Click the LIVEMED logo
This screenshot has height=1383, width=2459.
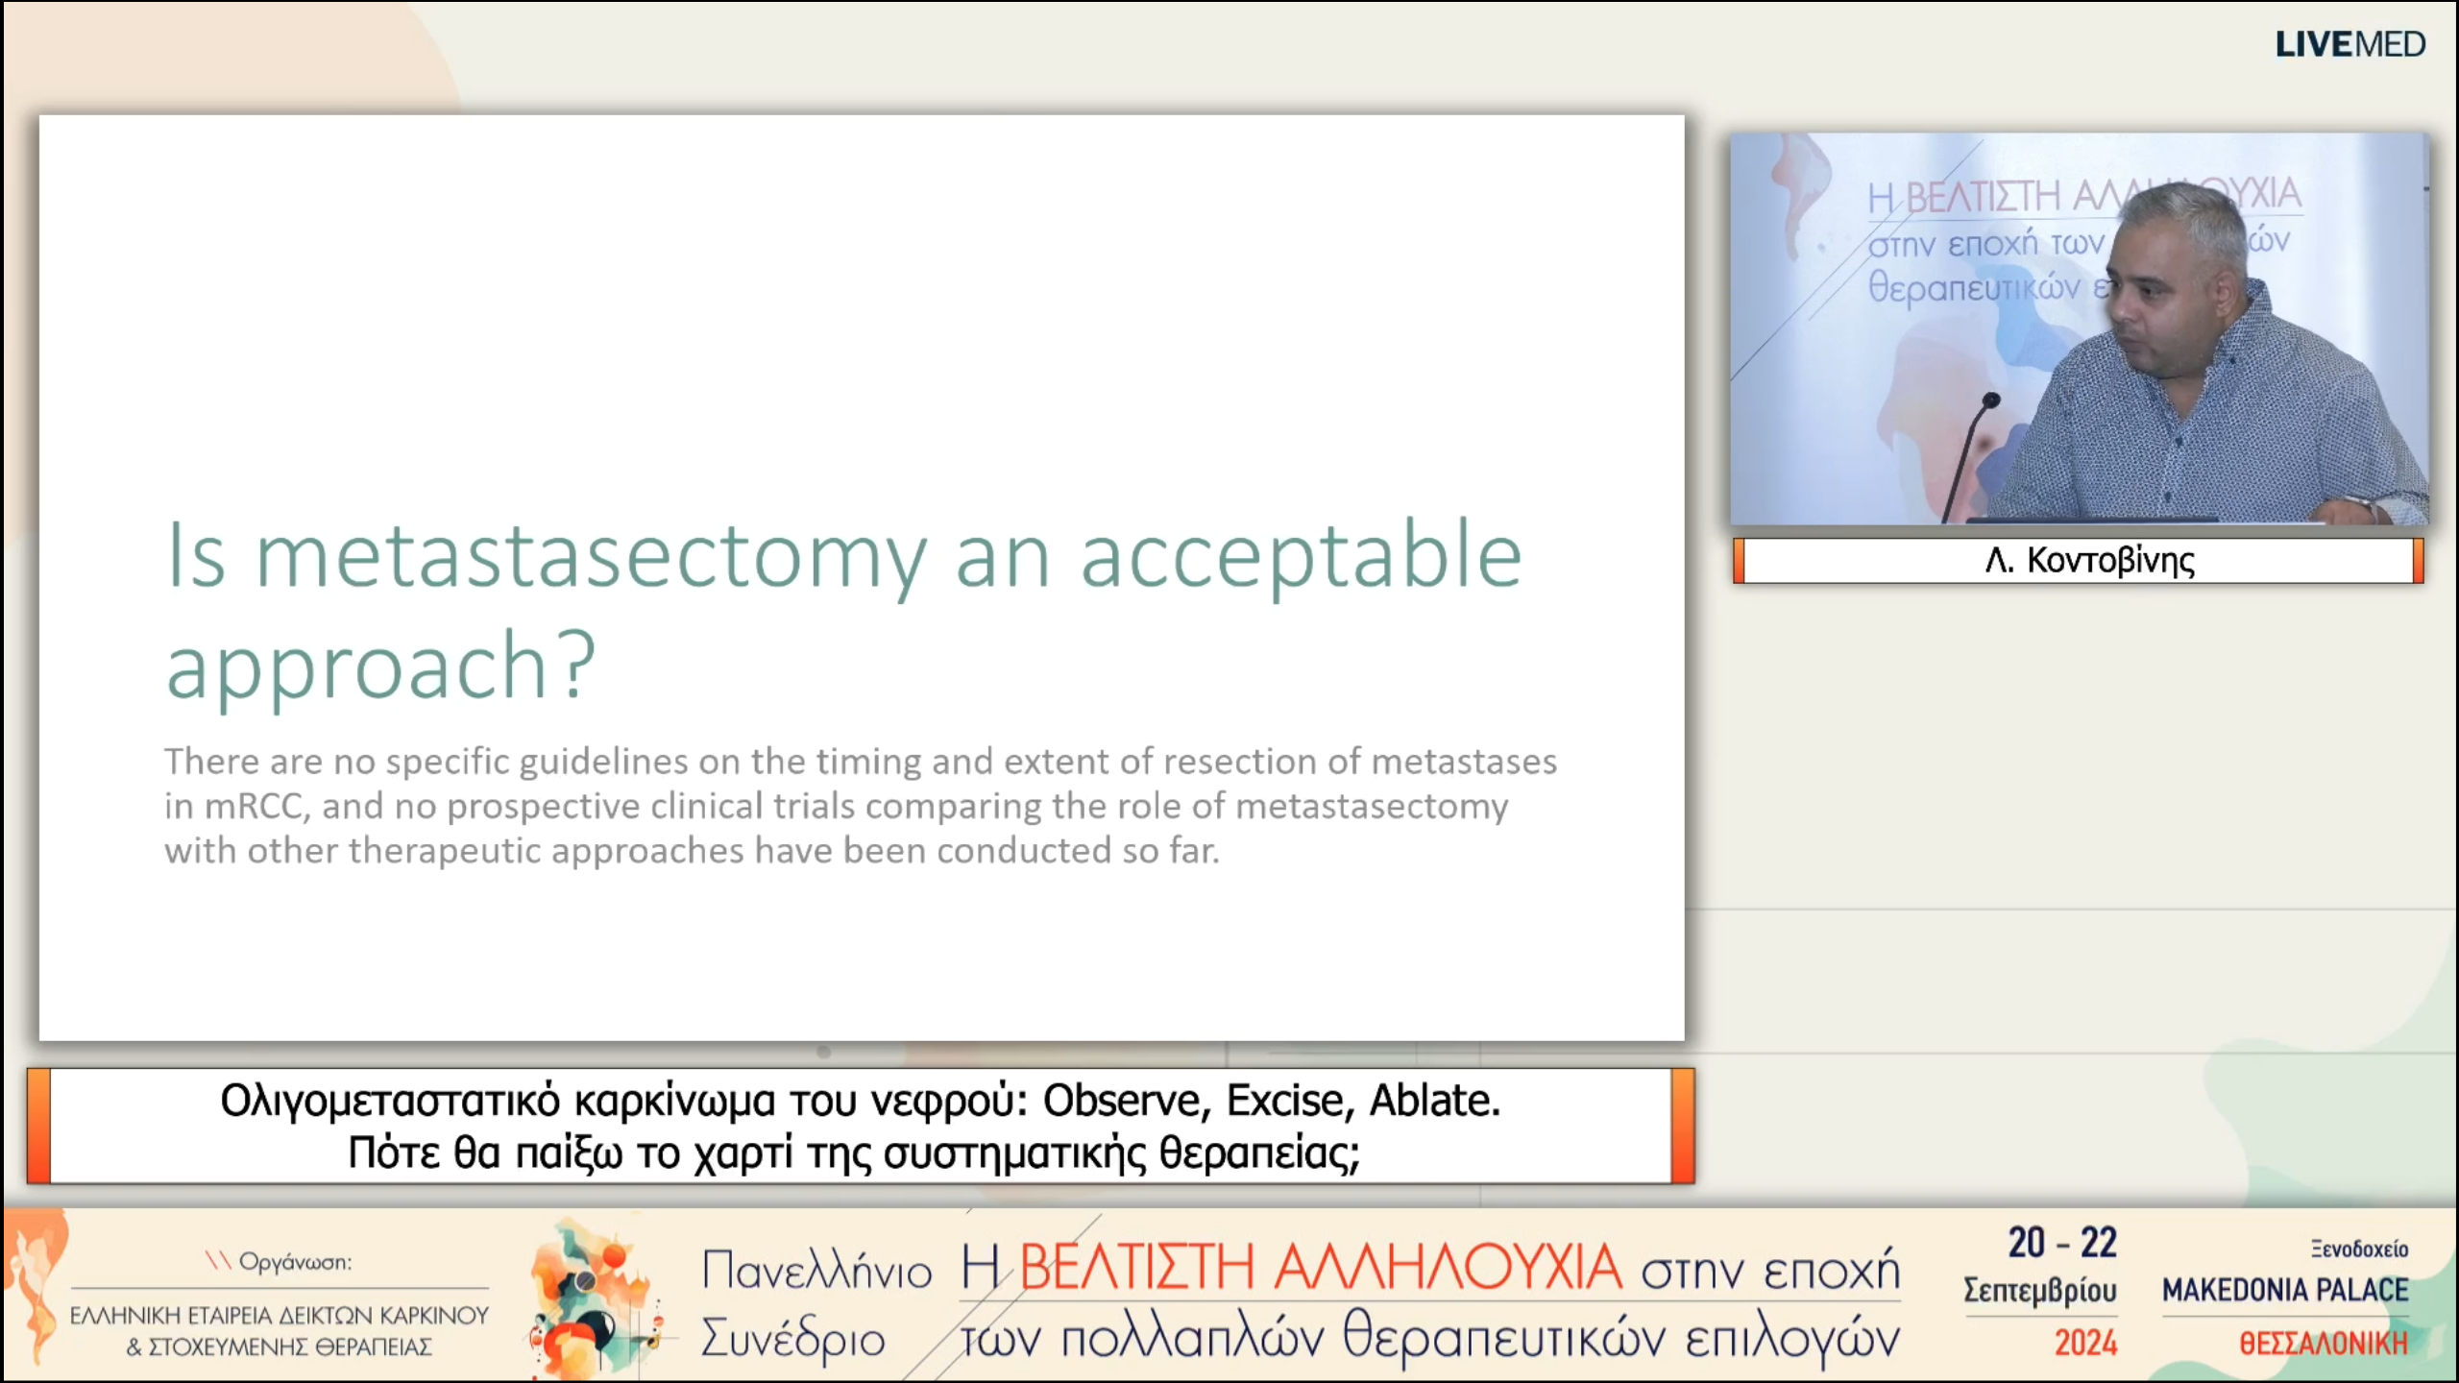coord(2349,44)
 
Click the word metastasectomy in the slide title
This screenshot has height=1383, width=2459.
coord(592,556)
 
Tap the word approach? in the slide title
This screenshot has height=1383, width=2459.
coord(380,665)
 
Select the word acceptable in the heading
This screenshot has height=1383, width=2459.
coord(1302,556)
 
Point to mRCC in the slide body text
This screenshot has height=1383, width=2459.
coord(257,807)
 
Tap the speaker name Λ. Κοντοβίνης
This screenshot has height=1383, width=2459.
coord(2090,560)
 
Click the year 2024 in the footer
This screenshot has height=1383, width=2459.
coord(2085,1343)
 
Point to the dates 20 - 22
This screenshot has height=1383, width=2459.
coord(2062,1243)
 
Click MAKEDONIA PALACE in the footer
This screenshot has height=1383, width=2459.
coord(2285,1290)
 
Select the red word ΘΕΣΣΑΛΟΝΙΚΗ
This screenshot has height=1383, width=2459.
coord(2324,1343)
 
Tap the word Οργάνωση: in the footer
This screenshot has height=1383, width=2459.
coord(295,1262)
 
